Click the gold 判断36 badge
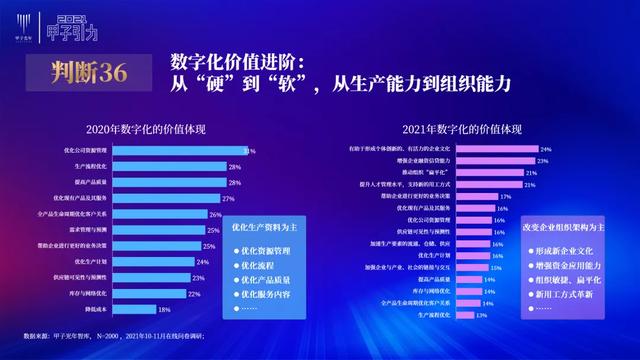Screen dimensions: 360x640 [85, 71]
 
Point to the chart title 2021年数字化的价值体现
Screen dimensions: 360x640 [463, 130]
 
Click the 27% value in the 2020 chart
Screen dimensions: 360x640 [228, 199]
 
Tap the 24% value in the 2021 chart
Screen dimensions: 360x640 [546, 148]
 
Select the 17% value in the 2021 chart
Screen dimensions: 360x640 [505, 196]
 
